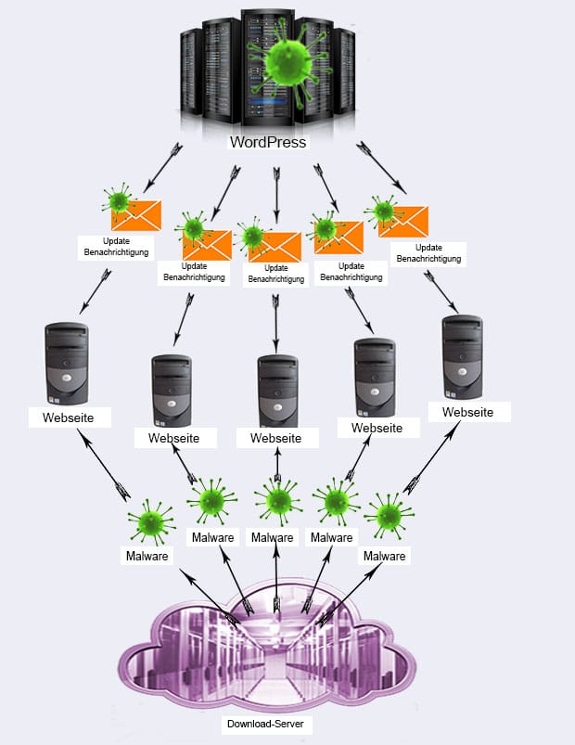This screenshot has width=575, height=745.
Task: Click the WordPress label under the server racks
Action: [x=268, y=142]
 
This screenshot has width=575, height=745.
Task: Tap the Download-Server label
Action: [x=265, y=724]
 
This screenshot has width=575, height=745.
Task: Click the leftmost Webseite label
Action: [x=69, y=417]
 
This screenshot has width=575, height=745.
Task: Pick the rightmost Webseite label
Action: [x=467, y=412]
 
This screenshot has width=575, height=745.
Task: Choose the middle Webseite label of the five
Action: [x=275, y=438]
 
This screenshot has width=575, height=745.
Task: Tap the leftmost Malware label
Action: [x=147, y=556]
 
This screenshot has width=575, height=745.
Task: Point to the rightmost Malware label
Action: [x=385, y=556]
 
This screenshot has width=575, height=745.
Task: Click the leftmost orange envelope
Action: [x=136, y=215]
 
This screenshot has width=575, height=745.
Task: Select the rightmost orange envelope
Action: [x=403, y=222]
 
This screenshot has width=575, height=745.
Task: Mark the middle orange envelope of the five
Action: [x=275, y=247]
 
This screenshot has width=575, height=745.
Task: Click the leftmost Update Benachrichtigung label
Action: [x=116, y=247]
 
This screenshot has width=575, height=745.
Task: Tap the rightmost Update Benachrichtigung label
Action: [x=428, y=252]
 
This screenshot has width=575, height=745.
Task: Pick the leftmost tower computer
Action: [x=67, y=364]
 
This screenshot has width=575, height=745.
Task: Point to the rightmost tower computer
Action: [x=463, y=357]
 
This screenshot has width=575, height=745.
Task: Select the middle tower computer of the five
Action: [x=278, y=391]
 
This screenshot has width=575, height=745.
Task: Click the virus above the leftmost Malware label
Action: [x=151, y=521]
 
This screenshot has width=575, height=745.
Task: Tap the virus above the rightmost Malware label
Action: [x=389, y=516]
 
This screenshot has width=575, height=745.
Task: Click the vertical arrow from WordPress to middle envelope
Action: [x=276, y=195]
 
